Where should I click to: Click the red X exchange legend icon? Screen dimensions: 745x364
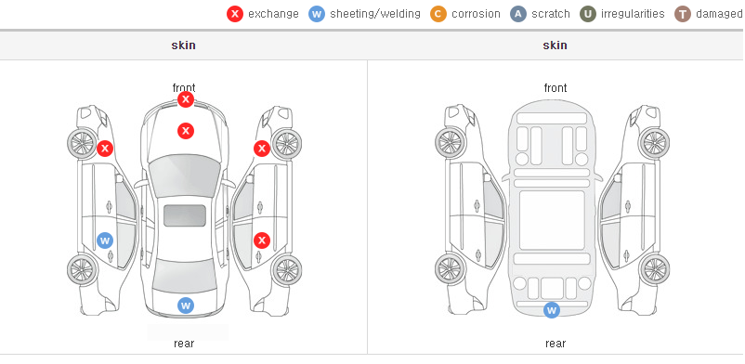point(235,14)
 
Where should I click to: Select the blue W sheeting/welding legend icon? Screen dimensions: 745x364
point(317,14)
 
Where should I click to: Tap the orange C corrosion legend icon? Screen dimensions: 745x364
point(438,14)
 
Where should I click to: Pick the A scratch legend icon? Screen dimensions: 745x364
point(518,14)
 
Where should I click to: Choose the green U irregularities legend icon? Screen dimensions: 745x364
point(588,14)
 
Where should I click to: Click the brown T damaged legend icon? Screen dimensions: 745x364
point(682,14)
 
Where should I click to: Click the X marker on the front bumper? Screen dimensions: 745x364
point(186,99)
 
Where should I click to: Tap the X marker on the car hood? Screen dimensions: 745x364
point(186,131)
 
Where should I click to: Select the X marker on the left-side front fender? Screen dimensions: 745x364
point(105,149)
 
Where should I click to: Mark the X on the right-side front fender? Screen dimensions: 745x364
point(262,149)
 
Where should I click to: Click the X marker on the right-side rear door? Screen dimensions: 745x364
point(262,240)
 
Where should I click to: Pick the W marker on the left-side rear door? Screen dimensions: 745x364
point(105,240)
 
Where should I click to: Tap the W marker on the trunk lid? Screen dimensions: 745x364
point(186,305)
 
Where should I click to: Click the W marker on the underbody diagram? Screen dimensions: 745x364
point(552,310)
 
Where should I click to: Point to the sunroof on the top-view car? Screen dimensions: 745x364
point(185,215)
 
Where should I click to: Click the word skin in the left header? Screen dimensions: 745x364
point(183,45)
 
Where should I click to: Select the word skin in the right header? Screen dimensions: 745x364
point(555,45)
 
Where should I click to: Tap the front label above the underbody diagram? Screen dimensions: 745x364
point(555,88)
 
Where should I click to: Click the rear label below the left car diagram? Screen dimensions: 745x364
point(184,344)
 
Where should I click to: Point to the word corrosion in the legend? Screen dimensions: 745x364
point(477,14)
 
